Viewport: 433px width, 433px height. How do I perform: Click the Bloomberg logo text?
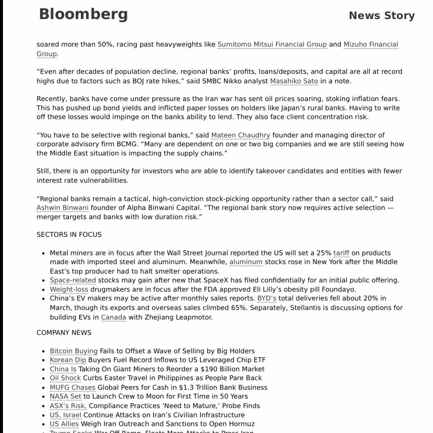83,14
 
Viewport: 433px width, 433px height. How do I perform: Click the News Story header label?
381,16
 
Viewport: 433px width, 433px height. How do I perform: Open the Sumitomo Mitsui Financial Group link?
272,44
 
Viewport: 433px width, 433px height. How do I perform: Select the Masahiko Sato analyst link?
294,81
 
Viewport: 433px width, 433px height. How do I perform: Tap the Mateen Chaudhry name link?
240,135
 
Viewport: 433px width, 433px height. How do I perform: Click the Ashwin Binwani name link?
63,208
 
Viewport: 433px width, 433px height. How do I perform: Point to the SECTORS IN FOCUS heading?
69,235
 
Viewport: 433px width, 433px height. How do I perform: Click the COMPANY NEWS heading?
64,333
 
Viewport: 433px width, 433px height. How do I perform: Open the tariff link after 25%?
341,253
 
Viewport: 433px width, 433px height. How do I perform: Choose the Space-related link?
73,280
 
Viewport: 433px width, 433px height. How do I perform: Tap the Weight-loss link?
69,290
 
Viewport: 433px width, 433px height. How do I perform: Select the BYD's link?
267,299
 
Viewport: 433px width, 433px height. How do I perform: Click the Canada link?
113,317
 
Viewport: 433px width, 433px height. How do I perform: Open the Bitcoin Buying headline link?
74,351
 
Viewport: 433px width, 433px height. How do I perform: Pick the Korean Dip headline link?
68,360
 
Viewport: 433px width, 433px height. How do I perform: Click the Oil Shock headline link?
65,378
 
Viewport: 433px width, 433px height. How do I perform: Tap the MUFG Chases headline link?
72,387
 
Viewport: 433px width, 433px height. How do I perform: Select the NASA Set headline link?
65,397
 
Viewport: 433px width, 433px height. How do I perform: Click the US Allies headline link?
64,424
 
